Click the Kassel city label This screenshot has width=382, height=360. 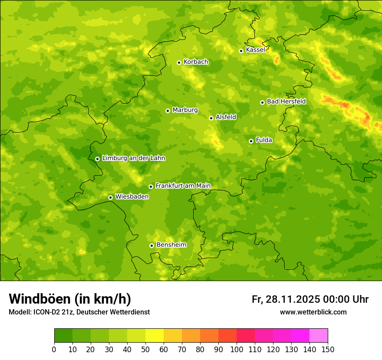click(255, 50)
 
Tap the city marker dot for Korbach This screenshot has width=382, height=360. click(179, 62)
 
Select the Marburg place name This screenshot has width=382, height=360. click(185, 110)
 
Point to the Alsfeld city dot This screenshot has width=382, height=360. click(211, 118)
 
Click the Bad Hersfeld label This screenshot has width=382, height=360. click(286, 101)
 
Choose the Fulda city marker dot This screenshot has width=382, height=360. click(251, 141)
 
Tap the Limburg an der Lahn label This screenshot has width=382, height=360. click(133, 158)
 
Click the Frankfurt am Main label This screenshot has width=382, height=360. click(183, 186)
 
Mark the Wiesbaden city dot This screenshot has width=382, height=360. click(110, 197)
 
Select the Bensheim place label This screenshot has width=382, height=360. click(171, 245)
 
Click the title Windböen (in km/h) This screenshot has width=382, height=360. click(70, 299)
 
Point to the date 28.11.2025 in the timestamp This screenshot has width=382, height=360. click(293, 299)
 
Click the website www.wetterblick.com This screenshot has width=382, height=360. click(313, 312)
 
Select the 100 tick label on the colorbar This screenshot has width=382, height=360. click(237, 349)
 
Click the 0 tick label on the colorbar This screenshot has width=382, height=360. click(54, 349)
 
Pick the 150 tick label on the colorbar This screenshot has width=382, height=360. click(328, 349)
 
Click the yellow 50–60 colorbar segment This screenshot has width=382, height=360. click(155, 336)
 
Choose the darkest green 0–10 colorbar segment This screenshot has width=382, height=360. click(63, 336)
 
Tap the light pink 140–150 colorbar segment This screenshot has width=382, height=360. click(319, 336)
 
